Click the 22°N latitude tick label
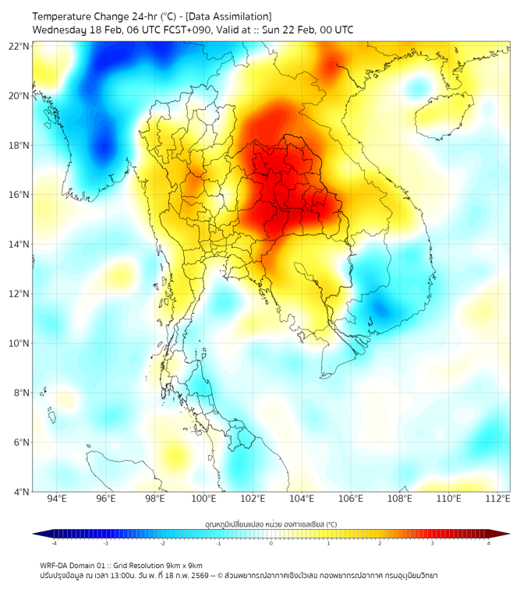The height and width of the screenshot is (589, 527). [x=19, y=46]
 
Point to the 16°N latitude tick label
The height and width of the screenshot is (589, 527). [x=19, y=195]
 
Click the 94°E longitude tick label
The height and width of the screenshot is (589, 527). [x=57, y=499]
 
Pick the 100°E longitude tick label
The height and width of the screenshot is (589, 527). [x=203, y=499]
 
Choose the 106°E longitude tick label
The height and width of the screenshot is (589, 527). [x=351, y=499]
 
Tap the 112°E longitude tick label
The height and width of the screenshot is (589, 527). [x=497, y=499]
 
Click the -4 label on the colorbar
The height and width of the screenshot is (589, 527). [x=54, y=543]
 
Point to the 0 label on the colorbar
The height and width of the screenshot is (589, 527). [x=271, y=543]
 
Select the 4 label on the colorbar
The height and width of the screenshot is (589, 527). [x=489, y=543]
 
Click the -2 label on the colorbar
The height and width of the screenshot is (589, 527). [x=162, y=543]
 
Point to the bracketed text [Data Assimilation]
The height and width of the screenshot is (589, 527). [x=228, y=16]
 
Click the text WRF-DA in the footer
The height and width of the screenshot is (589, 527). [x=55, y=565]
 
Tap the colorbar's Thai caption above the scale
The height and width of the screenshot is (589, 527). [x=271, y=524]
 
